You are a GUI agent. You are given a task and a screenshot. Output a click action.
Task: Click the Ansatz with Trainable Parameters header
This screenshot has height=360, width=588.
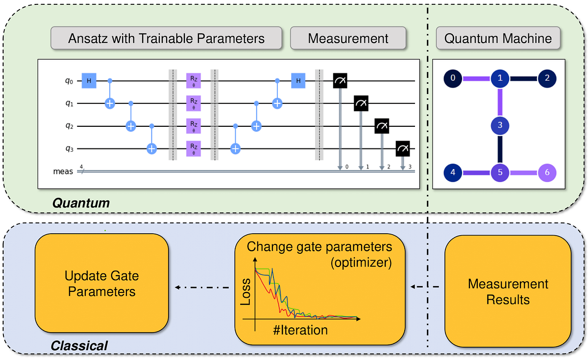point(166,38)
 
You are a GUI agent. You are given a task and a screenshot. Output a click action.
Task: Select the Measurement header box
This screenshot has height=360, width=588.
point(348,38)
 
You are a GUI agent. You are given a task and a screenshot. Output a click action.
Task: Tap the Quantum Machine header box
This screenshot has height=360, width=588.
point(498,38)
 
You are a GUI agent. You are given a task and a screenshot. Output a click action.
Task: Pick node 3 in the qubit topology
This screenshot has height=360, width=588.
point(499,125)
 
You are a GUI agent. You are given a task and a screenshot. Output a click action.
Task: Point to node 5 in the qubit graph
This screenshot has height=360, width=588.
point(499,172)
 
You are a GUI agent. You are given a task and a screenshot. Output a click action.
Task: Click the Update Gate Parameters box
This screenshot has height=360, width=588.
point(101,284)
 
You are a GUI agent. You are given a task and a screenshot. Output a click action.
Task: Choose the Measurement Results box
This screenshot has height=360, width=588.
point(508,291)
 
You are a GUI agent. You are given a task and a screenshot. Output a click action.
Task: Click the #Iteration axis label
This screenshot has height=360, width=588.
point(299,330)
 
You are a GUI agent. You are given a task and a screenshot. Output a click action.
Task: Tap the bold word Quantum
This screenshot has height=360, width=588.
point(81,202)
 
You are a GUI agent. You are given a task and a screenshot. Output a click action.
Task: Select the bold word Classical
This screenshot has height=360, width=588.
point(79,346)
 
